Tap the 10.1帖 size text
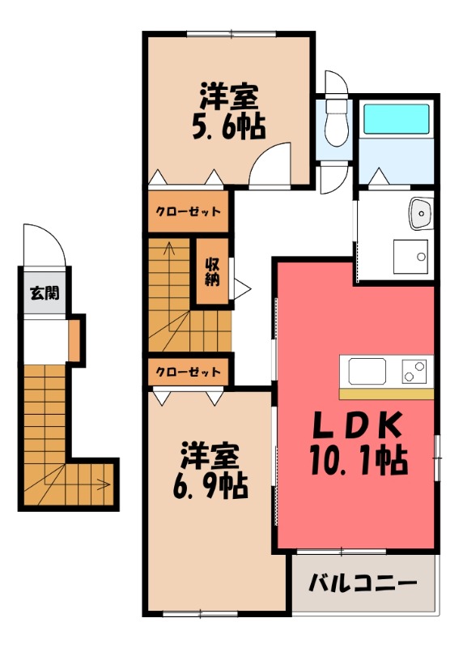click(x=356, y=462)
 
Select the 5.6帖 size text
click(x=229, y=127)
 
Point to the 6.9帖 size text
click(x=209, y=486)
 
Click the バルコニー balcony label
click(x=363, y=583)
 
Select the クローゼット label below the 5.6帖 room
click(x=188, y=212)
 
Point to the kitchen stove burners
click(x=415, y=372)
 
